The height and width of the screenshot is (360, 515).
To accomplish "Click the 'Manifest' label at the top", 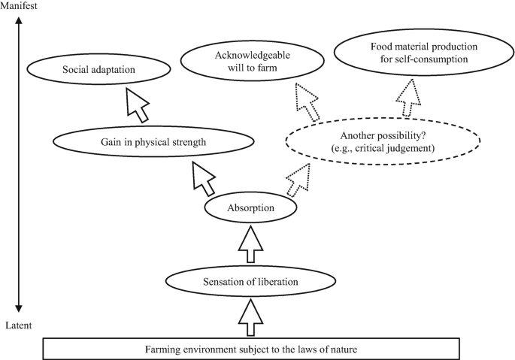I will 20,5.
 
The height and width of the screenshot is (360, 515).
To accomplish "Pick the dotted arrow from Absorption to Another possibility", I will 298,177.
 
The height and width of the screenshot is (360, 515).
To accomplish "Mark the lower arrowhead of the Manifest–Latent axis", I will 20,308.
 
